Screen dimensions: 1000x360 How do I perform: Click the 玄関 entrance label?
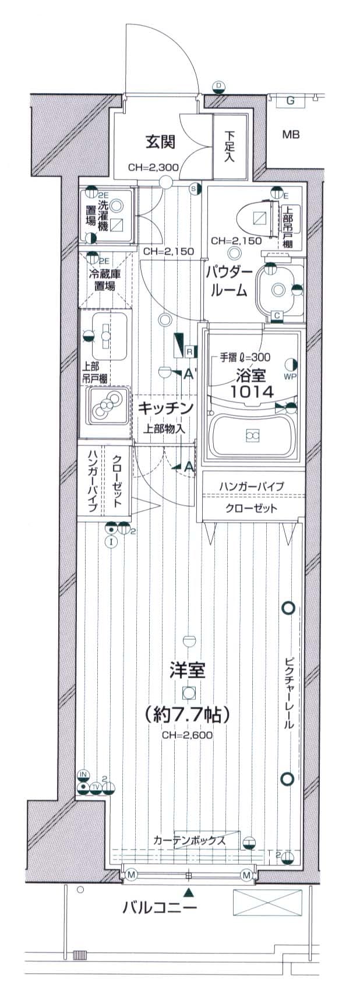[x=160, y=142]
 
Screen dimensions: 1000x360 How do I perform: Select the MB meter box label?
[x=291, y=135]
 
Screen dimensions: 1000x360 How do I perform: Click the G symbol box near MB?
[x=290, y=101]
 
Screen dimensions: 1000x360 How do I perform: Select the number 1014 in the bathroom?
[x=252, y=392]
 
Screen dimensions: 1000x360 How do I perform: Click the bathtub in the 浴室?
[x=252, y=435]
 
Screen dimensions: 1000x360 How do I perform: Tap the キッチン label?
[x=165, y=409]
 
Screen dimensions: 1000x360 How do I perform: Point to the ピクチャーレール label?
[x=290, y=693]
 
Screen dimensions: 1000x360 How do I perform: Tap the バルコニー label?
[x=160, y=907]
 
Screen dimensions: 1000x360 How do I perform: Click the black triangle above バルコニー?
[x=188, y=892]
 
